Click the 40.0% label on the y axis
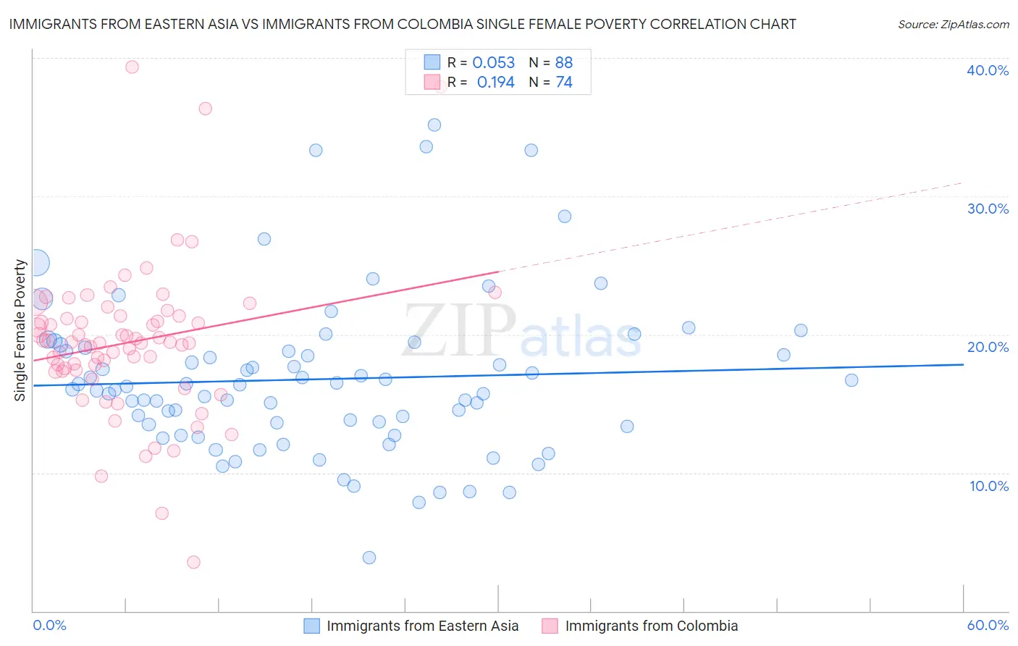988,70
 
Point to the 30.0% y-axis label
988,209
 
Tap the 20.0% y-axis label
988,347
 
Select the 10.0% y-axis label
988,486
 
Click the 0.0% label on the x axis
49,625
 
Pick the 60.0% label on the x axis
988,625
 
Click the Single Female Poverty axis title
20,330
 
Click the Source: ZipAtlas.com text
953,24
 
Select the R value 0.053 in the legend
493,63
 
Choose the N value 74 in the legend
564,83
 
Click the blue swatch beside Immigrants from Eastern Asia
311,626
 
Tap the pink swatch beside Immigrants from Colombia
550,626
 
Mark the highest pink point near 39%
132,67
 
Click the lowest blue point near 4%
369,557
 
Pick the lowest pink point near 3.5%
193,562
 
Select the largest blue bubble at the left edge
36,262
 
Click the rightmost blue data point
851,380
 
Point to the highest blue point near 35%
434,125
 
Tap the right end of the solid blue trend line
963,364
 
